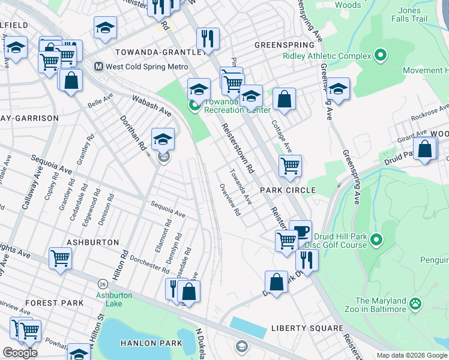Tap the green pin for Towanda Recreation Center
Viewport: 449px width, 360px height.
point(194,107)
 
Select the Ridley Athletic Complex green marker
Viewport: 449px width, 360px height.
point(380,56)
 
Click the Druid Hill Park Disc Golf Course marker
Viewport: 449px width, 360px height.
point(376,240)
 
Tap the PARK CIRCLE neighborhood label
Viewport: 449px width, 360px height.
point(288,190)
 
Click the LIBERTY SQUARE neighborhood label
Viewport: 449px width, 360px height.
point(307,328)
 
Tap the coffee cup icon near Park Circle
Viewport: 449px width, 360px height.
point(300,231)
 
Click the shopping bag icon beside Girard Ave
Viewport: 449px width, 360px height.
point(424,149)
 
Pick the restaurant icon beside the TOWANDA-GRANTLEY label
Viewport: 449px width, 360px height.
point(208,38)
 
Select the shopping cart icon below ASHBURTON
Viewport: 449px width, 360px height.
point(61,259)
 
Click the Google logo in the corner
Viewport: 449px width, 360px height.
point(20,353)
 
